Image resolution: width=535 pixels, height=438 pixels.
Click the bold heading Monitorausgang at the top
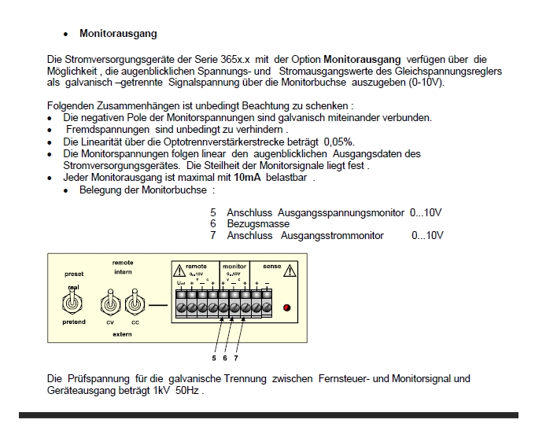[x=118, y=34]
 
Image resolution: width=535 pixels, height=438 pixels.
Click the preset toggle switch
[x=73, y=304]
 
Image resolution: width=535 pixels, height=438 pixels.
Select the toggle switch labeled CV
[x=110, y=304]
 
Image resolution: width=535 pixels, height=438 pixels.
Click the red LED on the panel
[x=286, y=307]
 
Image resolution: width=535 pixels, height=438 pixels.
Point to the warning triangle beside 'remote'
[x=179, y=270]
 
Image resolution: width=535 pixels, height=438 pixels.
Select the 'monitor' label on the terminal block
[x=234, y=267]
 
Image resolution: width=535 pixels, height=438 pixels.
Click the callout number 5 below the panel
[x=213, y=358]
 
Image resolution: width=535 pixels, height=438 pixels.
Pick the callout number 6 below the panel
[x=225, y=358]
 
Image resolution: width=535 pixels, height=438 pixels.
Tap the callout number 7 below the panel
[x=236, y=358]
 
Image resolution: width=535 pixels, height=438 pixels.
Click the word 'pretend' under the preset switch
[x=74, y=322]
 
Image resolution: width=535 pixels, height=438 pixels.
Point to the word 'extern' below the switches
[x=122, y=334]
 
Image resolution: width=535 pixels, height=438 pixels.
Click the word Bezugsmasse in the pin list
[x=258, y=224]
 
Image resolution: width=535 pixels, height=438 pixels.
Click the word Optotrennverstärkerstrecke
[x=216, y=142]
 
